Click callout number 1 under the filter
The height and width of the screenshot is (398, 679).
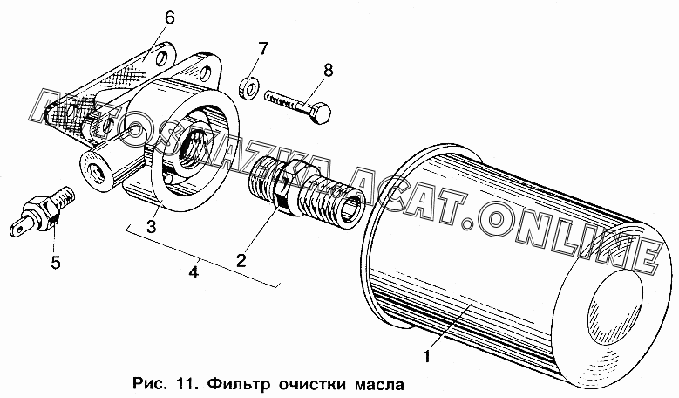tap(426, 356)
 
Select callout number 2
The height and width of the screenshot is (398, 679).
tap(241, 260)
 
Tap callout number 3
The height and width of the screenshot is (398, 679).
tap(151, 226)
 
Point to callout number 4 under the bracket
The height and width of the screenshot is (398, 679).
tap(194, 272)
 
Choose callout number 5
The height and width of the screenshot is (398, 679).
tap(56, 263)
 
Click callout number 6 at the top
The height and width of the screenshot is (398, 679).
tap(169, 18)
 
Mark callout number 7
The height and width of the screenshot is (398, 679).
tap(264, 48)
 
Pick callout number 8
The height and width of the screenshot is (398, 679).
tap(329, 70)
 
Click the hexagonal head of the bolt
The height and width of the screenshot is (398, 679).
tap(321, 113)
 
